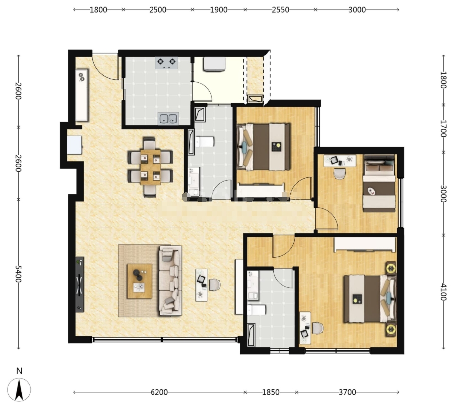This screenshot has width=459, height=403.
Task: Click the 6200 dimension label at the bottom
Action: [159, 392]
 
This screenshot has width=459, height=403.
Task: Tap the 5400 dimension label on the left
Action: [18, 274]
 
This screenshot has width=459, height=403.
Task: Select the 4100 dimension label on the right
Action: [443, 292]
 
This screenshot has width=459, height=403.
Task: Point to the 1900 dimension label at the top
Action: [219, 10]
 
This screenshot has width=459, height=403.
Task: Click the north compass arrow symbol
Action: [19, 390]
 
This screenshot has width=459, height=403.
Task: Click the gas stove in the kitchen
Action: [166, 63]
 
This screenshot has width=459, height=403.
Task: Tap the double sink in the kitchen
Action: [168, 118]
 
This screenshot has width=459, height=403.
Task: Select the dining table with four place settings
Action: [151, 167]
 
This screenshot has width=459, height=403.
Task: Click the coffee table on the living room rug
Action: [140, 281]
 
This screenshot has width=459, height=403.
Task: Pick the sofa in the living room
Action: [170, 281]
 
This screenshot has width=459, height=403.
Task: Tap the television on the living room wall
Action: [80, 284]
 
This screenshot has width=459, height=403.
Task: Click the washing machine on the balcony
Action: [215, 64]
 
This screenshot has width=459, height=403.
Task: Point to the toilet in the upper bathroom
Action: [205, 142]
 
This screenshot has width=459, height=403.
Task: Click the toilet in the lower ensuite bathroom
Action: [257, 310]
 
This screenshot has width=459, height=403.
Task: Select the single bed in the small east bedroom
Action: [379, 183]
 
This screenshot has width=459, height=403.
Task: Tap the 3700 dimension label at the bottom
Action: [347, 392]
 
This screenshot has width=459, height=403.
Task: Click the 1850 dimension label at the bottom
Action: [271, 392]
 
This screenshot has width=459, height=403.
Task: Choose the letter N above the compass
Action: [19, 371]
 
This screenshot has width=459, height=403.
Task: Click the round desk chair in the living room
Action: [215, 285]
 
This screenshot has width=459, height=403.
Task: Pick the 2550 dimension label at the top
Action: [280, 10]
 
